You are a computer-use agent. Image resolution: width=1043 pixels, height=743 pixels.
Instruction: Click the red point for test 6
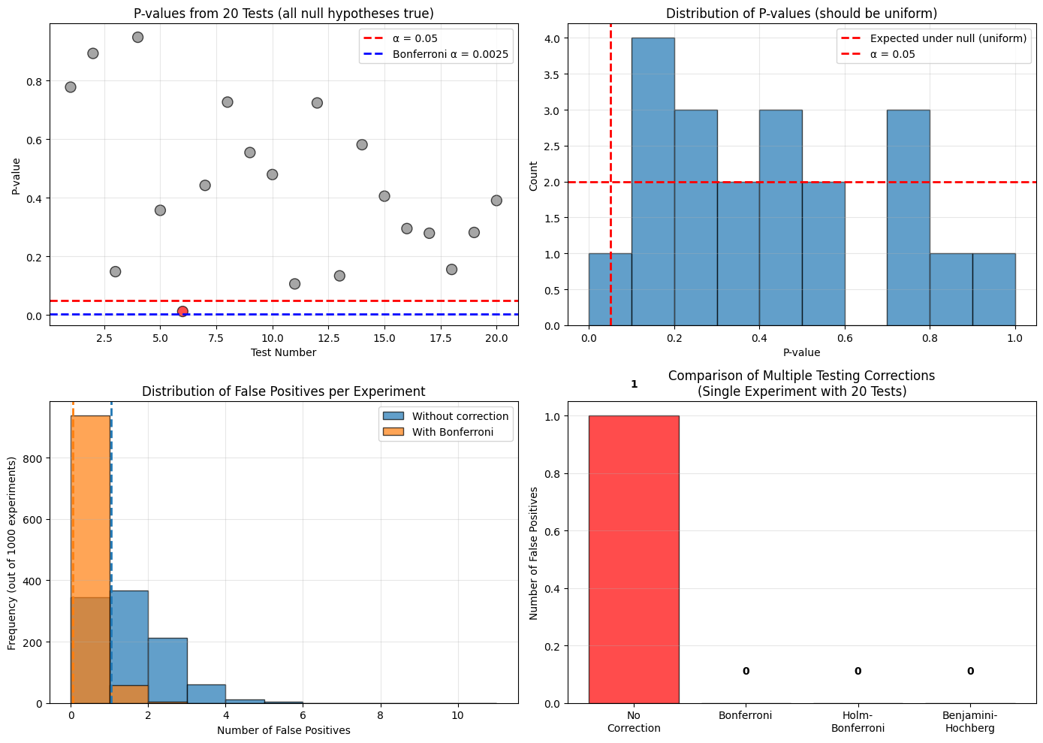pos(182,311)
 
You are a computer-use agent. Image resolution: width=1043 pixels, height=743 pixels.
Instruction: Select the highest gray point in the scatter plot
pos(137,38)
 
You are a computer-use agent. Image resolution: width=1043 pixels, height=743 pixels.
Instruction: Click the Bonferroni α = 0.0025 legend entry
pos(450,54)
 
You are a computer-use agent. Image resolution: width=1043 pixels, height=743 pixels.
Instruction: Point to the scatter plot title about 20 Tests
pos(283,13)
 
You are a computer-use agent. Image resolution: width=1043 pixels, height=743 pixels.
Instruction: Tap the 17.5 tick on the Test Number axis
pos(441,338)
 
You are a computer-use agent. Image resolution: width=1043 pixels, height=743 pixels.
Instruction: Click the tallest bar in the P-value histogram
pos(653,182)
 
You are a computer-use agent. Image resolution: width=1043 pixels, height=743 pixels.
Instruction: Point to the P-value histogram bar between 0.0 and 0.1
pos(610,290)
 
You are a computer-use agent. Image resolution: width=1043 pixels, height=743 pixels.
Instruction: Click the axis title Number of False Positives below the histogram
pos(284,730)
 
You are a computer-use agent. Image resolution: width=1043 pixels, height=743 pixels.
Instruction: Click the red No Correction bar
pos(634,559)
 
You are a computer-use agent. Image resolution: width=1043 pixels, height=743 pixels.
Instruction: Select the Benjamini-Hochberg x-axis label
pos(970,722)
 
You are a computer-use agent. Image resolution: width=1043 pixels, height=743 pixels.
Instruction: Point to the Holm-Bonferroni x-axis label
pos(858,722)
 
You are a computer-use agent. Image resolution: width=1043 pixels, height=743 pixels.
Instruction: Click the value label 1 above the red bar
pos(634,384)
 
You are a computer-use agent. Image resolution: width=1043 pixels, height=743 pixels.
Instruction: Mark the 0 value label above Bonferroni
pos(746,671)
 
